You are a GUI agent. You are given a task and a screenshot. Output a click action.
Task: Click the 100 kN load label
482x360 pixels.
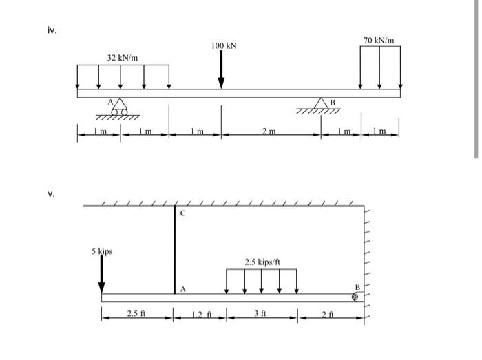[224, 45]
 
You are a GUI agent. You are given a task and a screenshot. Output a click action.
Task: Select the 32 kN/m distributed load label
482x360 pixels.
[123, 58]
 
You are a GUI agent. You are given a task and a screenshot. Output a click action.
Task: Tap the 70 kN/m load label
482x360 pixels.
[379, 40]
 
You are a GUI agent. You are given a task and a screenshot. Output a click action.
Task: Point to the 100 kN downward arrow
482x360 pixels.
[221, 70]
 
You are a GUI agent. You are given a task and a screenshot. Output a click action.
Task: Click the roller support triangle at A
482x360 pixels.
[120, 104]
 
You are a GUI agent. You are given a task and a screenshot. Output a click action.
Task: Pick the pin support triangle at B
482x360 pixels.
[321, 103]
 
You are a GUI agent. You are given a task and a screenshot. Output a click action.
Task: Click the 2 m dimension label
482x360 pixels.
[269, 131]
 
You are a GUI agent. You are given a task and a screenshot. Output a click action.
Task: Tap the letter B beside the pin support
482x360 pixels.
[333, 103]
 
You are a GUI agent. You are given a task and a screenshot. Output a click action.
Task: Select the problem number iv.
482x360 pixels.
[52, 30]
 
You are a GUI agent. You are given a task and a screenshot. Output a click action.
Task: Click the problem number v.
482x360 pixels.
[52, 194]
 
